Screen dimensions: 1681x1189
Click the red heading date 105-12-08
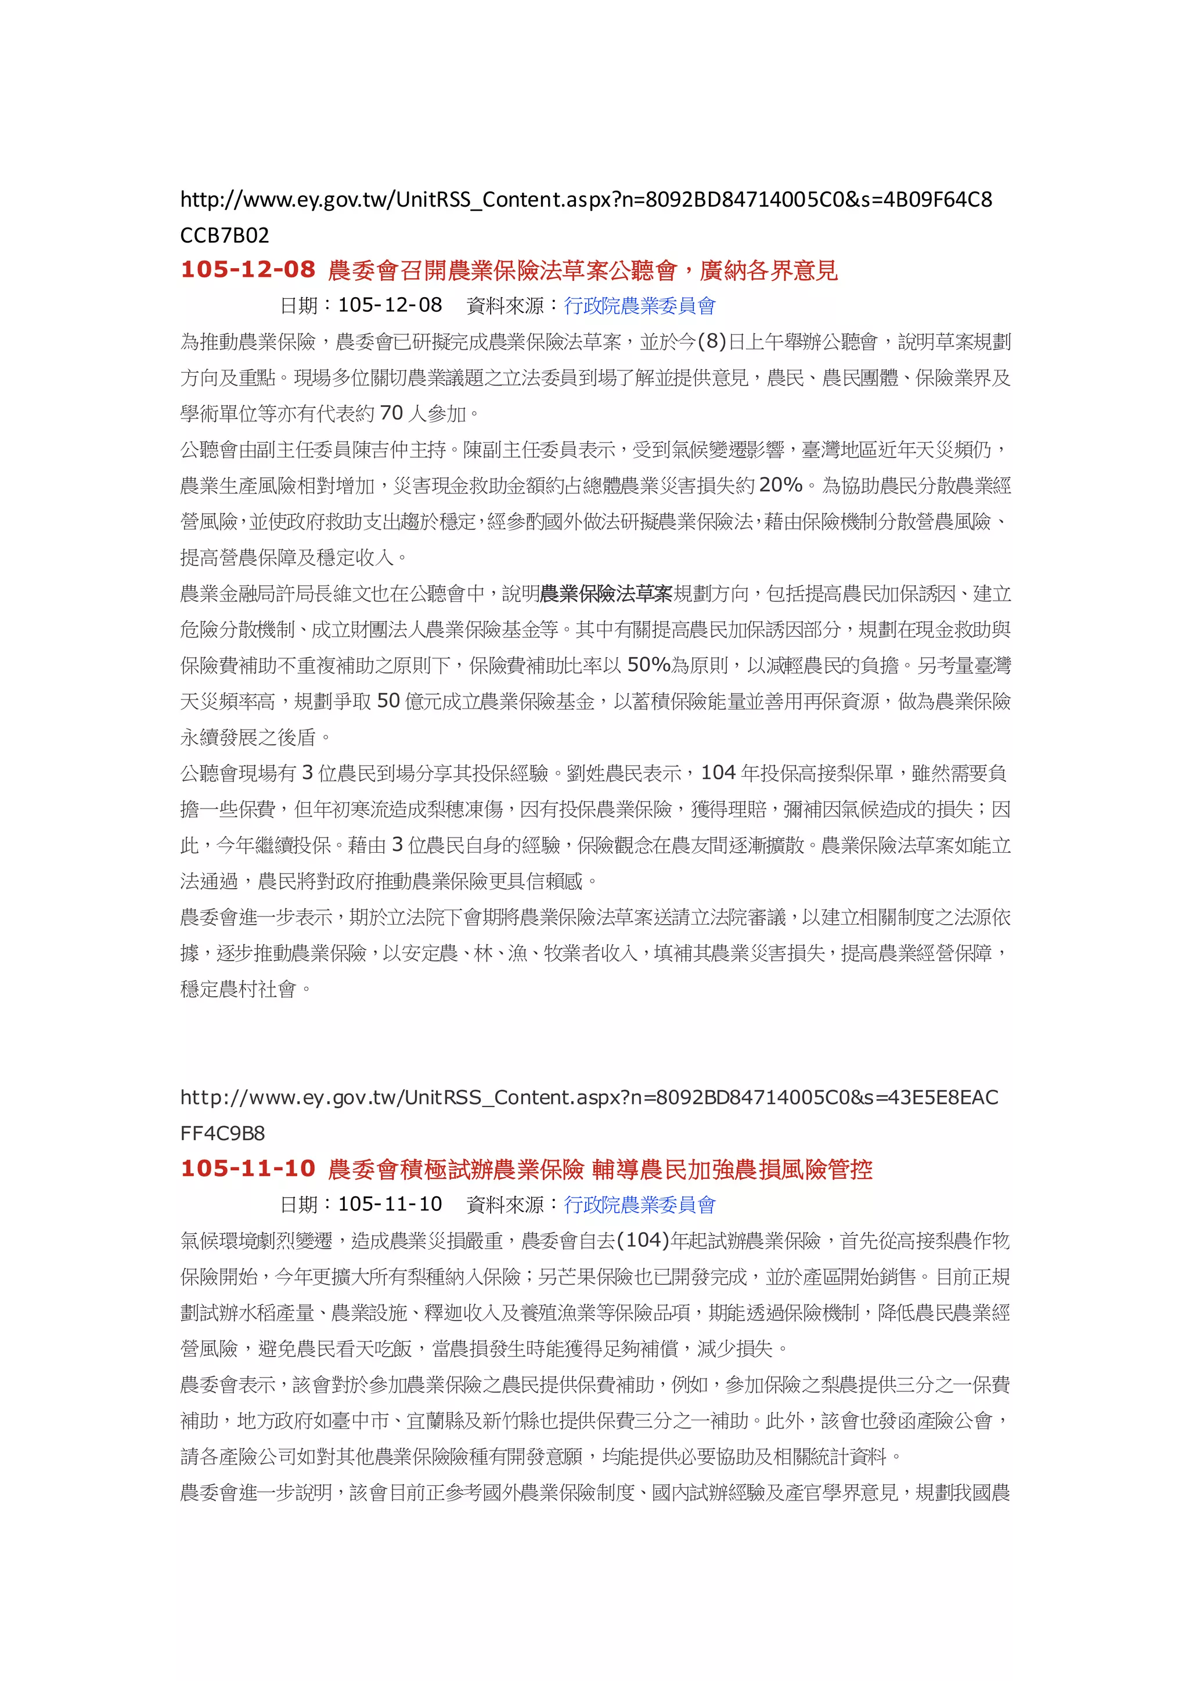(247, 269)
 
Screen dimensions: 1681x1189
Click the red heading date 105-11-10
(247, 1168)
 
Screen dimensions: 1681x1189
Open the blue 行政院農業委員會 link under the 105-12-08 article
(639, 306)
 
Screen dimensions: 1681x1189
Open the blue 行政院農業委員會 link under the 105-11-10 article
(639, 1204)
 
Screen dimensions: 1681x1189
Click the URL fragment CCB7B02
(224, 235)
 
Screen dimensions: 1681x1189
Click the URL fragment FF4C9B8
(222, 1134)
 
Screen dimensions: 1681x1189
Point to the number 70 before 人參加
(392, 414)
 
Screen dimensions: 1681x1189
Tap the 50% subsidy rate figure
(648, 665)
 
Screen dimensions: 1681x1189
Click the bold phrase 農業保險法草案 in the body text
(606, 594)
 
